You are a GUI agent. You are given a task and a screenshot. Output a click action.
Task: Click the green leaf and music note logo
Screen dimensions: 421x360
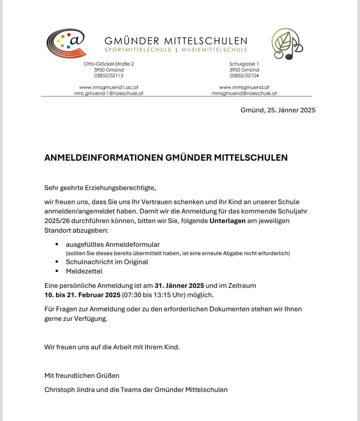coord(286,44)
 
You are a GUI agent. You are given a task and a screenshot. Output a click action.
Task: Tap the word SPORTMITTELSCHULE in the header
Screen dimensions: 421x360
coord(138,50)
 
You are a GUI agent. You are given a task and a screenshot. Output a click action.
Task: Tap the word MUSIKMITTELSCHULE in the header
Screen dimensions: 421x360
coord(214,50)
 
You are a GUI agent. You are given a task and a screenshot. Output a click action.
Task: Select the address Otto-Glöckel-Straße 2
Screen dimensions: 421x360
coord(109,64)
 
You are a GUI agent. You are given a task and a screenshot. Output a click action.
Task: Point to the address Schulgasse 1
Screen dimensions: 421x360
coord(244,64)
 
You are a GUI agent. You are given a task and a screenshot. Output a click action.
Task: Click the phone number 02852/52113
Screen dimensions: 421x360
coord(109,76)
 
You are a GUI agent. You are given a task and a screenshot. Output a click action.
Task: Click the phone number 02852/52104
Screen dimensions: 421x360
coord(244,76)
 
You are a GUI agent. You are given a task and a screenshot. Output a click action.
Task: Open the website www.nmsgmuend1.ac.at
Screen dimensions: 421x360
coord(109,87)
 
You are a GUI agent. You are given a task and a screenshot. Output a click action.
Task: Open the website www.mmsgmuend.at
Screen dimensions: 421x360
coord(244,87)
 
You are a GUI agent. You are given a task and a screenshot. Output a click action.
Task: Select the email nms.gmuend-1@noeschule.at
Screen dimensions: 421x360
coord(109,93)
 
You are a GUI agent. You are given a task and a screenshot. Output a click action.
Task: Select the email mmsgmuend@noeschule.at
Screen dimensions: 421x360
coord(244,93)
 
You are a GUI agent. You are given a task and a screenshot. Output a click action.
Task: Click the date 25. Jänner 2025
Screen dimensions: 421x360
coord(291,110)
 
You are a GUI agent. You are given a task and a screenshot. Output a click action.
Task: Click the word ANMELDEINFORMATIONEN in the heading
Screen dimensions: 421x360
coord(104,158)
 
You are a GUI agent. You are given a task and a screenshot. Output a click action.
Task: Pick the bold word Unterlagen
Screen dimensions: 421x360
coord(227,221)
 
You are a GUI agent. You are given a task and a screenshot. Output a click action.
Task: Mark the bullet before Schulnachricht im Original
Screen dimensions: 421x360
coord(57,262)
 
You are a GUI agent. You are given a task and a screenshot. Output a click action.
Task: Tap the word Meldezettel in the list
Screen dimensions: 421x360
coord(84,271)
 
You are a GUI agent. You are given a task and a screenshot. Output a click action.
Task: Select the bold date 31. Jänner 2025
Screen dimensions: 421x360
coord(179,286)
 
